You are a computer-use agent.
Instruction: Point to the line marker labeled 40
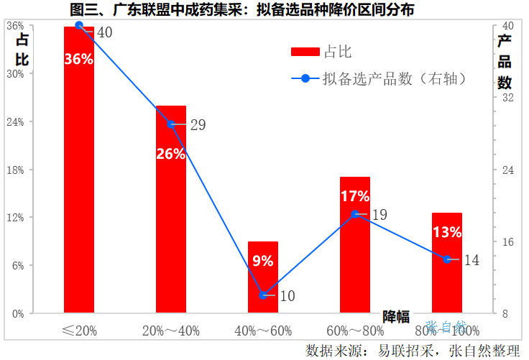(79, 26)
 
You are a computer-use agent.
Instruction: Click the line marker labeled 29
(171, 124)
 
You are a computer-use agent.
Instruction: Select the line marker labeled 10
(263, 295)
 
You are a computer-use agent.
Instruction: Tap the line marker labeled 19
(355, 213)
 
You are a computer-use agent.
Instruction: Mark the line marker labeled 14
(447, 259)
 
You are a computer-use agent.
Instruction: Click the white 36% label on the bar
(79, 60)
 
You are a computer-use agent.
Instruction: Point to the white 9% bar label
(263, 261)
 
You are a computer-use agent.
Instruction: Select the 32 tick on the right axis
(506, 98)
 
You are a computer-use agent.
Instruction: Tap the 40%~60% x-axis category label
(263, 331)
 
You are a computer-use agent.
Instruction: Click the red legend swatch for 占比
(305, 52)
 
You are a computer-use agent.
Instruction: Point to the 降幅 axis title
(396, 316)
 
